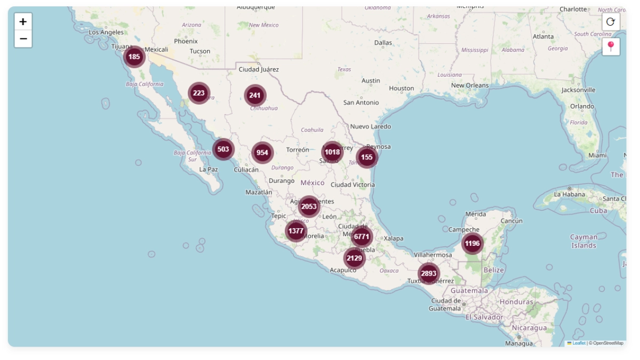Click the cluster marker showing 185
(x=134, y=57)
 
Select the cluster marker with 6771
(x=362, y=237)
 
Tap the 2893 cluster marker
(x=428, y=274)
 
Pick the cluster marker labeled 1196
(x=472, y=244)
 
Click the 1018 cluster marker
(x=332, y=152)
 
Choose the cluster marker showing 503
(x=223, y=149)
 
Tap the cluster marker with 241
(x=255, y=95)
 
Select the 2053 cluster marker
(x=309, y=206)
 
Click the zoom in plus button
(x=23, y=22)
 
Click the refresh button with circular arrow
(x=611, y=22)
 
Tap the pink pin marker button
(x=611, y=46)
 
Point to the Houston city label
(x=402, y=89)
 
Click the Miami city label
(x=597, y=156)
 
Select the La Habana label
(x=570, y=194)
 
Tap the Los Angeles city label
(x=106, y=33)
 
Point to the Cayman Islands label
(x=583, y=241)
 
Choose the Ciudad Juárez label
(x=259, y=70)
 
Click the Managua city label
(x=518, y=344)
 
